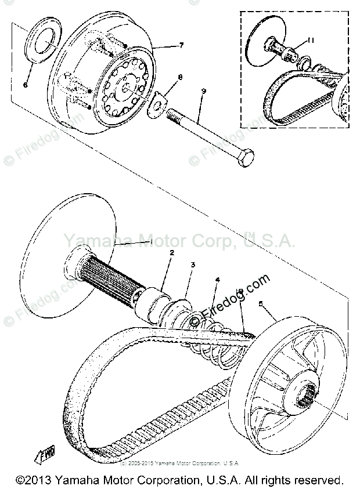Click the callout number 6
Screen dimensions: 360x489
pos(26,85)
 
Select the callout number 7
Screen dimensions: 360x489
pos(181,45)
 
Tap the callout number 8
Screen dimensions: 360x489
pos(180,77)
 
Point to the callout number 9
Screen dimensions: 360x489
pos(203,90)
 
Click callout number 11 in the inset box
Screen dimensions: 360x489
pos(311,41)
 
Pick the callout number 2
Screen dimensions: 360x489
pos(171,253)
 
